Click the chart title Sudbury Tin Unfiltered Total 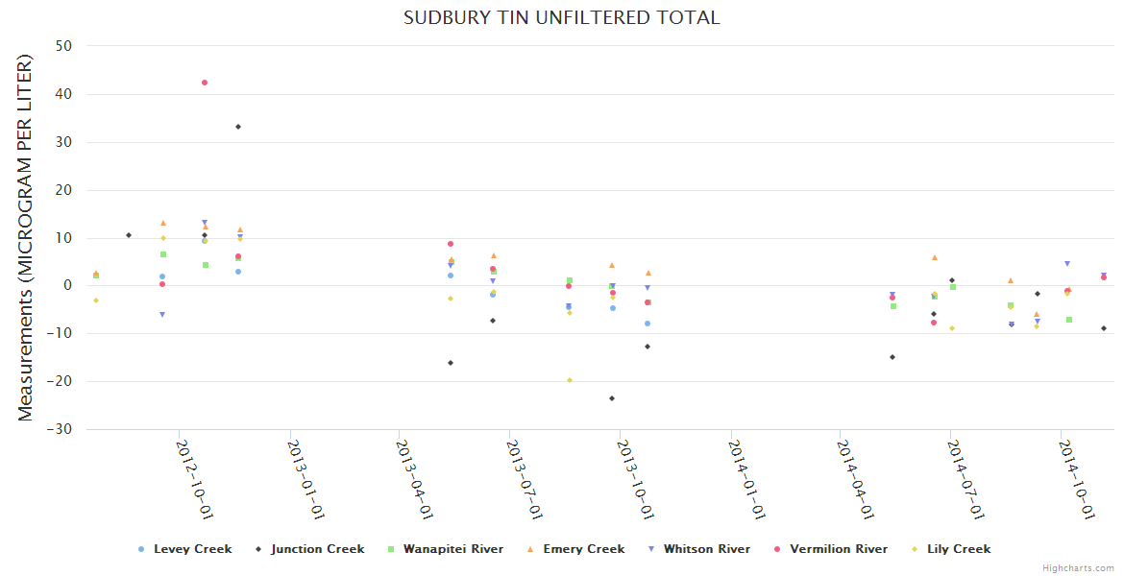[561, 18]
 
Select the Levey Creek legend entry [192, 549]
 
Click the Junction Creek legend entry [317, 549]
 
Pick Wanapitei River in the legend [452, 549]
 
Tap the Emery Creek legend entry [583, 549]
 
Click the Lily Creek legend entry [958, 549]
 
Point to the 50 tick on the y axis [66, 46]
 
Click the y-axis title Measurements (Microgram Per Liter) [26, 237]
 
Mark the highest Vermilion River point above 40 [205, 83]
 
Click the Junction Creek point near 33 [238, 127]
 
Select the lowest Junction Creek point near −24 [612, 398]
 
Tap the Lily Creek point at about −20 [570, 380]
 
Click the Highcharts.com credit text [1079, 568]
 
